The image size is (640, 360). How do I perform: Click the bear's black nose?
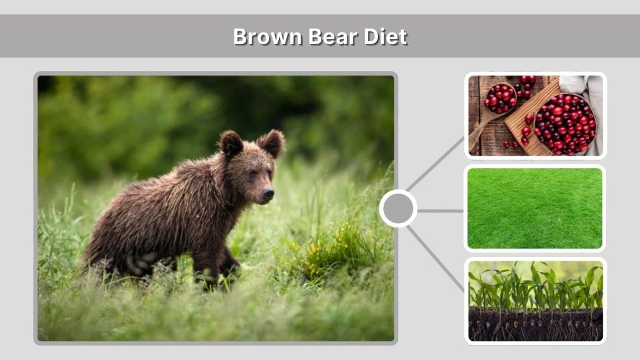point(268,194)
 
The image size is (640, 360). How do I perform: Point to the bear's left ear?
point(272,143)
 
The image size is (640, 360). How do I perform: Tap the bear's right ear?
point(231,144)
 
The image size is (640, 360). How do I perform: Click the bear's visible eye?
point(253,173)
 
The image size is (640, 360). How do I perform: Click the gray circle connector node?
point(398,209)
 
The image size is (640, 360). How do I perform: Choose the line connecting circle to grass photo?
point(440,211)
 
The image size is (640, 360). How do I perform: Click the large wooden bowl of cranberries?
point(565,122)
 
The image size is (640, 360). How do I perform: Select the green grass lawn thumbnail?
point(535,208)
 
